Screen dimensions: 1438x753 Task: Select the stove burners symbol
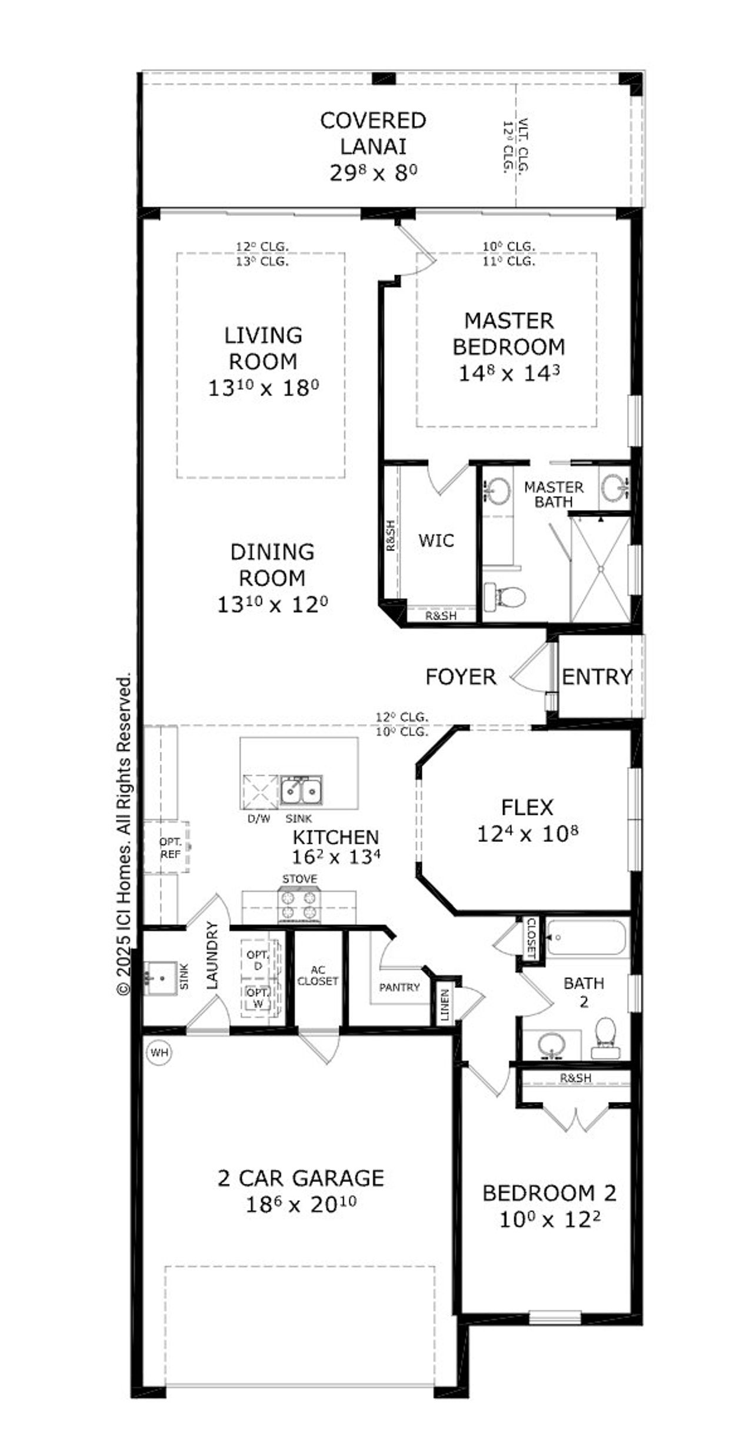coord(300,906)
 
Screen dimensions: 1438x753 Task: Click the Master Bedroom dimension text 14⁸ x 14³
coord(509,373)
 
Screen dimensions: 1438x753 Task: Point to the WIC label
coord(436,540)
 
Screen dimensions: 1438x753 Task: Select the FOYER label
coord(461,677)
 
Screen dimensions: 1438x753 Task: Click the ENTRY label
coord(597,677)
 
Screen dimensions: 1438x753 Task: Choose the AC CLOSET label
coord(317,976)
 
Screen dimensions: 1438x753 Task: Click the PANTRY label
coord(399,987)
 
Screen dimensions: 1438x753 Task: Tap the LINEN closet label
coord(445,1004)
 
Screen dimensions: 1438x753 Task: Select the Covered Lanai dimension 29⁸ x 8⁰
coord(373,173)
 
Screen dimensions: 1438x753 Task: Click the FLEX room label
coord(527,807)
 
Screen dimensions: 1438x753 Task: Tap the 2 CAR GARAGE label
coord(301,1179)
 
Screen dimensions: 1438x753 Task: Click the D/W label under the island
coord(258,818)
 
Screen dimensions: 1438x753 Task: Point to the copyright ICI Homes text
coord(124,835)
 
